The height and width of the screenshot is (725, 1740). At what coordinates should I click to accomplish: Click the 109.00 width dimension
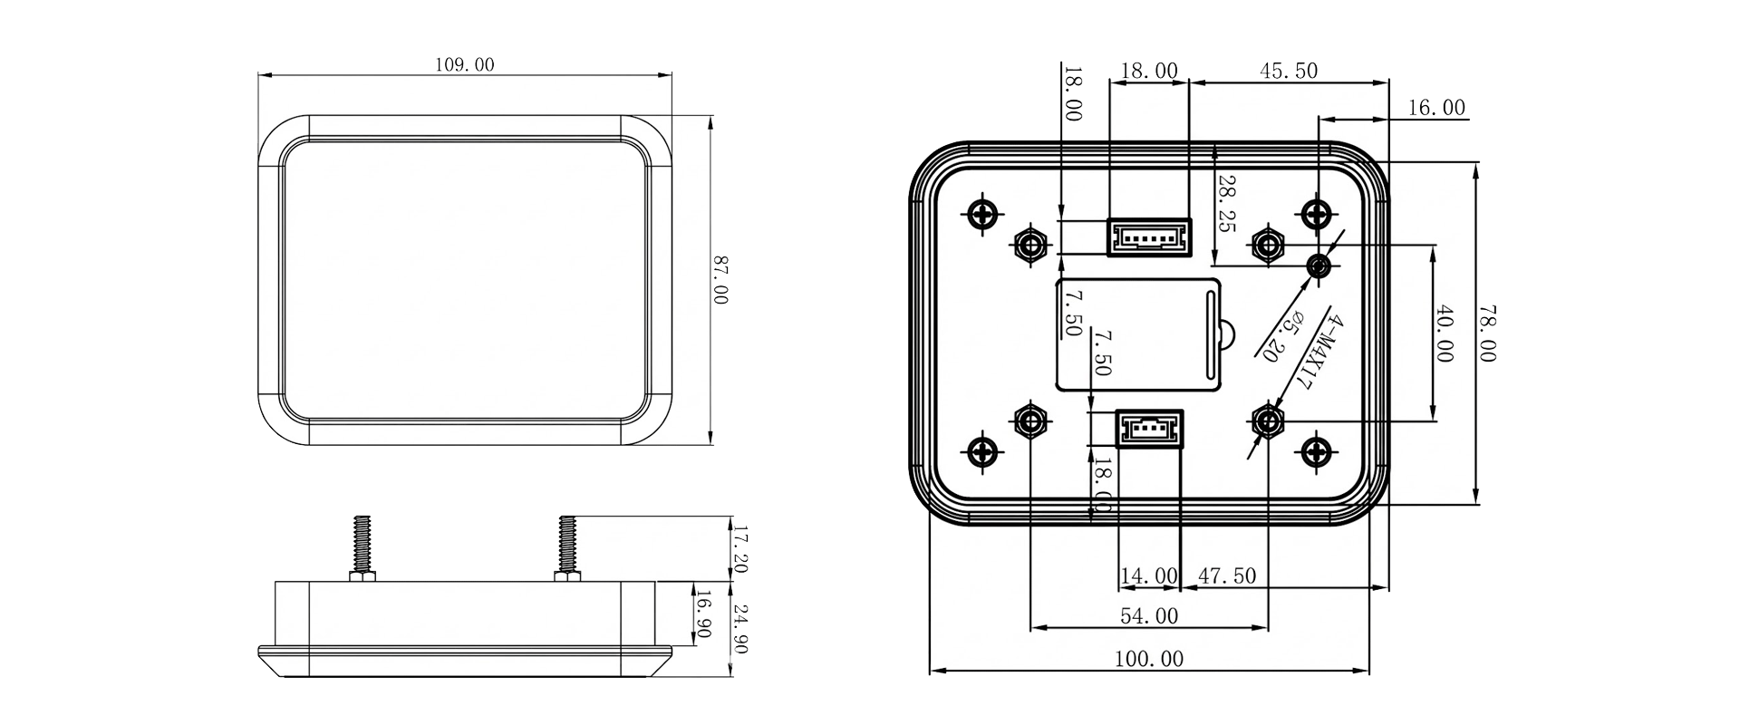(465, 65)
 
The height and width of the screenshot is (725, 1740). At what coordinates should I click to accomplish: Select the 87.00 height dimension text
(720, 281)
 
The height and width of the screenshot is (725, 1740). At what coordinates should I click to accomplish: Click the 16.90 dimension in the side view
(701, 616)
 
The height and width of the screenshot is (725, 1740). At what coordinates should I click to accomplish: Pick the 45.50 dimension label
(1288, 71)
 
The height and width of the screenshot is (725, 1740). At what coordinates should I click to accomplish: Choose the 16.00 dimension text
(1436, 108)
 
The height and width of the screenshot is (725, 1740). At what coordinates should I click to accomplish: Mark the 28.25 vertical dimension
(1226, 204)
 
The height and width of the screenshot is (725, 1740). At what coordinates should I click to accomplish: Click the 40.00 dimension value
(1444, 333)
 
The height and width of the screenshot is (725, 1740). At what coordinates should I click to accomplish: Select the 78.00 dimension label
(1486, 333)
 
